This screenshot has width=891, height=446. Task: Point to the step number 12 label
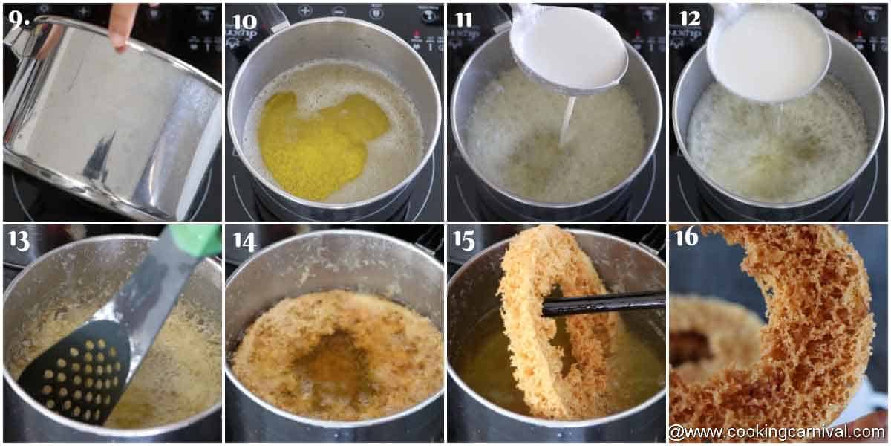point(688,18)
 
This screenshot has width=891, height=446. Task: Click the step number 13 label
point(19,241)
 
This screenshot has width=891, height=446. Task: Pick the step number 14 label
point(244,241)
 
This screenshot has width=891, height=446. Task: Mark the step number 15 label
point(464,241)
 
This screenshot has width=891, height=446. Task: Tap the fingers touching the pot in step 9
point(122,27)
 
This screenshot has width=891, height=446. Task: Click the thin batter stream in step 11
point(567,119)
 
